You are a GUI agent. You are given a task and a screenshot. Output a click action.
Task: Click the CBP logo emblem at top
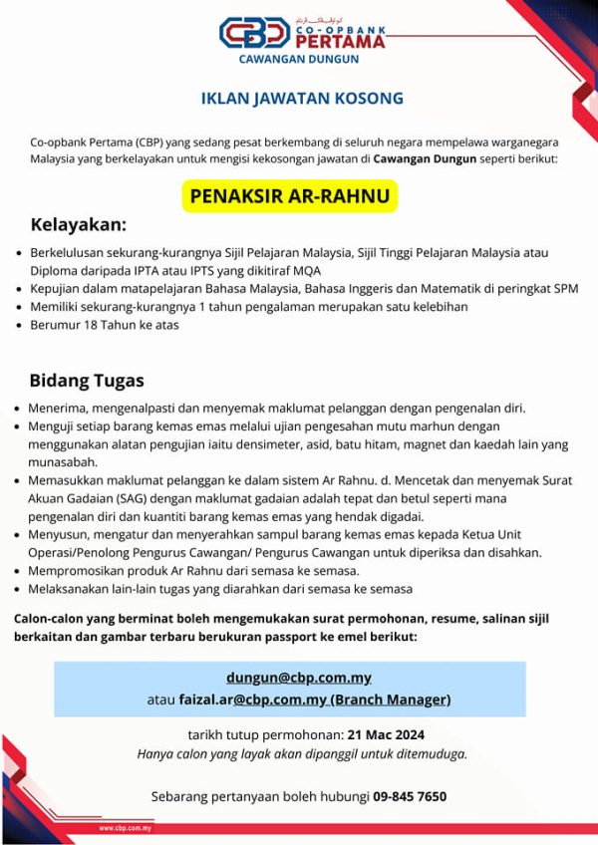(x=256, y=32)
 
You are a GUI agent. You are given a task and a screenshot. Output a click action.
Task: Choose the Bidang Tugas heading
(x=87, y=380)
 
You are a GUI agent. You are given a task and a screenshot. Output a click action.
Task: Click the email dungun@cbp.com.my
(x=299, y=678)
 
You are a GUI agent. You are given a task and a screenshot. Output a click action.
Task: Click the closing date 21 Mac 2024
(x=386, y=735)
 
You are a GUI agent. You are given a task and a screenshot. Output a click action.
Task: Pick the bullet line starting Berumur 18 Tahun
(x=105, y=324)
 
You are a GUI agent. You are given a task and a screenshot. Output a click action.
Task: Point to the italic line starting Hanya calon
(x=302, y=753)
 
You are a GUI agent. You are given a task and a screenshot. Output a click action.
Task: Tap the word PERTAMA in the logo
(x=341, y=41)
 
